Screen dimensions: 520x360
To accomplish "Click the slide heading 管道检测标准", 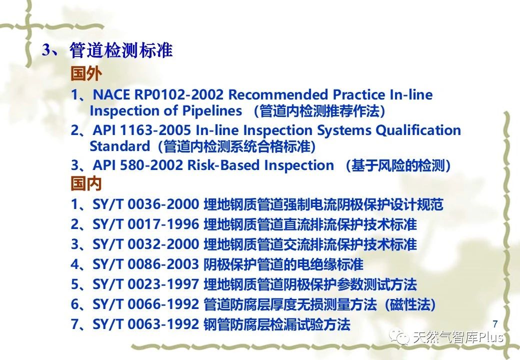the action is coord(121,50).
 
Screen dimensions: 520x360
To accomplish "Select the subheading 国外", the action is coord(86,73).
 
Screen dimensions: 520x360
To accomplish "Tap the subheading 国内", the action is coord(86,183).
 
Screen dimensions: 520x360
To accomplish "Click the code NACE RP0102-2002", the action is coord(158,95).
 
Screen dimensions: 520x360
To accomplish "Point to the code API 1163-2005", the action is coord(142,130).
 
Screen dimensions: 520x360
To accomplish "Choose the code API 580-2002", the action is coord(138,165).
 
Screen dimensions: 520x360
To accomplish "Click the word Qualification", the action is coord(418,130).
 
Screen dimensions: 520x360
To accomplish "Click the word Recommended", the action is coord(277,95).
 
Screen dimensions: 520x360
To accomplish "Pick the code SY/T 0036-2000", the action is coord(145,204).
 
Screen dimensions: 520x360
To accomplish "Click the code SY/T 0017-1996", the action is coord(145,224).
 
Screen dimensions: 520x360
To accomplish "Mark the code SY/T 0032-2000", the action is coord(145,244).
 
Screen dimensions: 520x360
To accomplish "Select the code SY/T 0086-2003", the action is coord(145,264).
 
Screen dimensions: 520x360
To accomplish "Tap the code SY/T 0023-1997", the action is coord(145,284).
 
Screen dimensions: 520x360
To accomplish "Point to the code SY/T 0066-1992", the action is coord(145,304).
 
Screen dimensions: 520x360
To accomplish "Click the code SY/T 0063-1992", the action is coord(145,324).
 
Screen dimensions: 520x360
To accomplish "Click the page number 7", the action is coord(495,323).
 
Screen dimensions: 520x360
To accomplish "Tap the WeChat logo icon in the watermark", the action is coord(399,337).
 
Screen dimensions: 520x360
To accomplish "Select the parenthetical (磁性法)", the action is coord(410,304).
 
